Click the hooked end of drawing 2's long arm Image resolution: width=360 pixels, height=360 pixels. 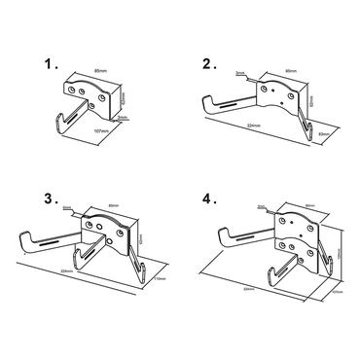[x=206, y=99]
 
